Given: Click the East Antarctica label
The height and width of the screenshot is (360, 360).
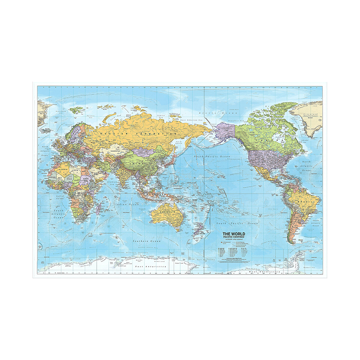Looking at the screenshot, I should coord(151,267).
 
